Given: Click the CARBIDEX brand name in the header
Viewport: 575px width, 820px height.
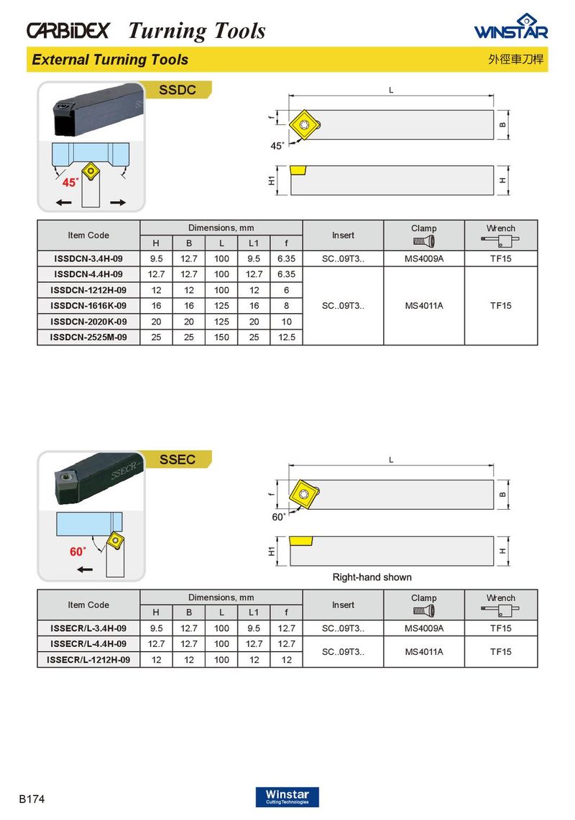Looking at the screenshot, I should click(68, 30).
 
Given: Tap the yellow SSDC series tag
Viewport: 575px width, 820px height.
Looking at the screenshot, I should click(177, 90).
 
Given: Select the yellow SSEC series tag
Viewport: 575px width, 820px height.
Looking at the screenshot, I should click(177, 459).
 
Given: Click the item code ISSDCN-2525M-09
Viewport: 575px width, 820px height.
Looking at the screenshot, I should click(88, 337).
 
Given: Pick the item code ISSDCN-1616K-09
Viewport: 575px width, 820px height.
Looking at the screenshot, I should click(88, 305).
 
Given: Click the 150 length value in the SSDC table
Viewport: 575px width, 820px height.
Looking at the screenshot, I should click(221, 337).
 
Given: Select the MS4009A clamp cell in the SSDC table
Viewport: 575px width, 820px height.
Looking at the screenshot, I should click(423, 258).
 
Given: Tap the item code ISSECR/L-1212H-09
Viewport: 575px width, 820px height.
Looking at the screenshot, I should click(88, 660).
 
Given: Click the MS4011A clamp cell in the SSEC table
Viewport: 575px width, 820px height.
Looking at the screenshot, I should click(423, 652).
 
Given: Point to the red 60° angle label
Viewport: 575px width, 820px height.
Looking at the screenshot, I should click(77, 551).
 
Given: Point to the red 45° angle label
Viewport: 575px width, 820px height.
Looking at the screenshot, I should click(69, 182).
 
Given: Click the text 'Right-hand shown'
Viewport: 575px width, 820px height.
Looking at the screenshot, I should click(372, 577).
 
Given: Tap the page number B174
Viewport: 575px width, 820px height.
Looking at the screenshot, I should click(32, 798).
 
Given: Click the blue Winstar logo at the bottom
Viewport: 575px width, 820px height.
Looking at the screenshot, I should click(287, 796).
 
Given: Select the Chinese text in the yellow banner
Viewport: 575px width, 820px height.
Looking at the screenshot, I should click(515, 60).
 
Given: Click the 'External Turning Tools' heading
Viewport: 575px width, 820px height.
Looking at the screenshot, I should click(110, 60).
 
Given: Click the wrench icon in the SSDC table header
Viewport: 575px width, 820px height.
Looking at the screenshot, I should click(501, 240).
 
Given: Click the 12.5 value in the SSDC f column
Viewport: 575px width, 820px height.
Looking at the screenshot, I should click(286, 337).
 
